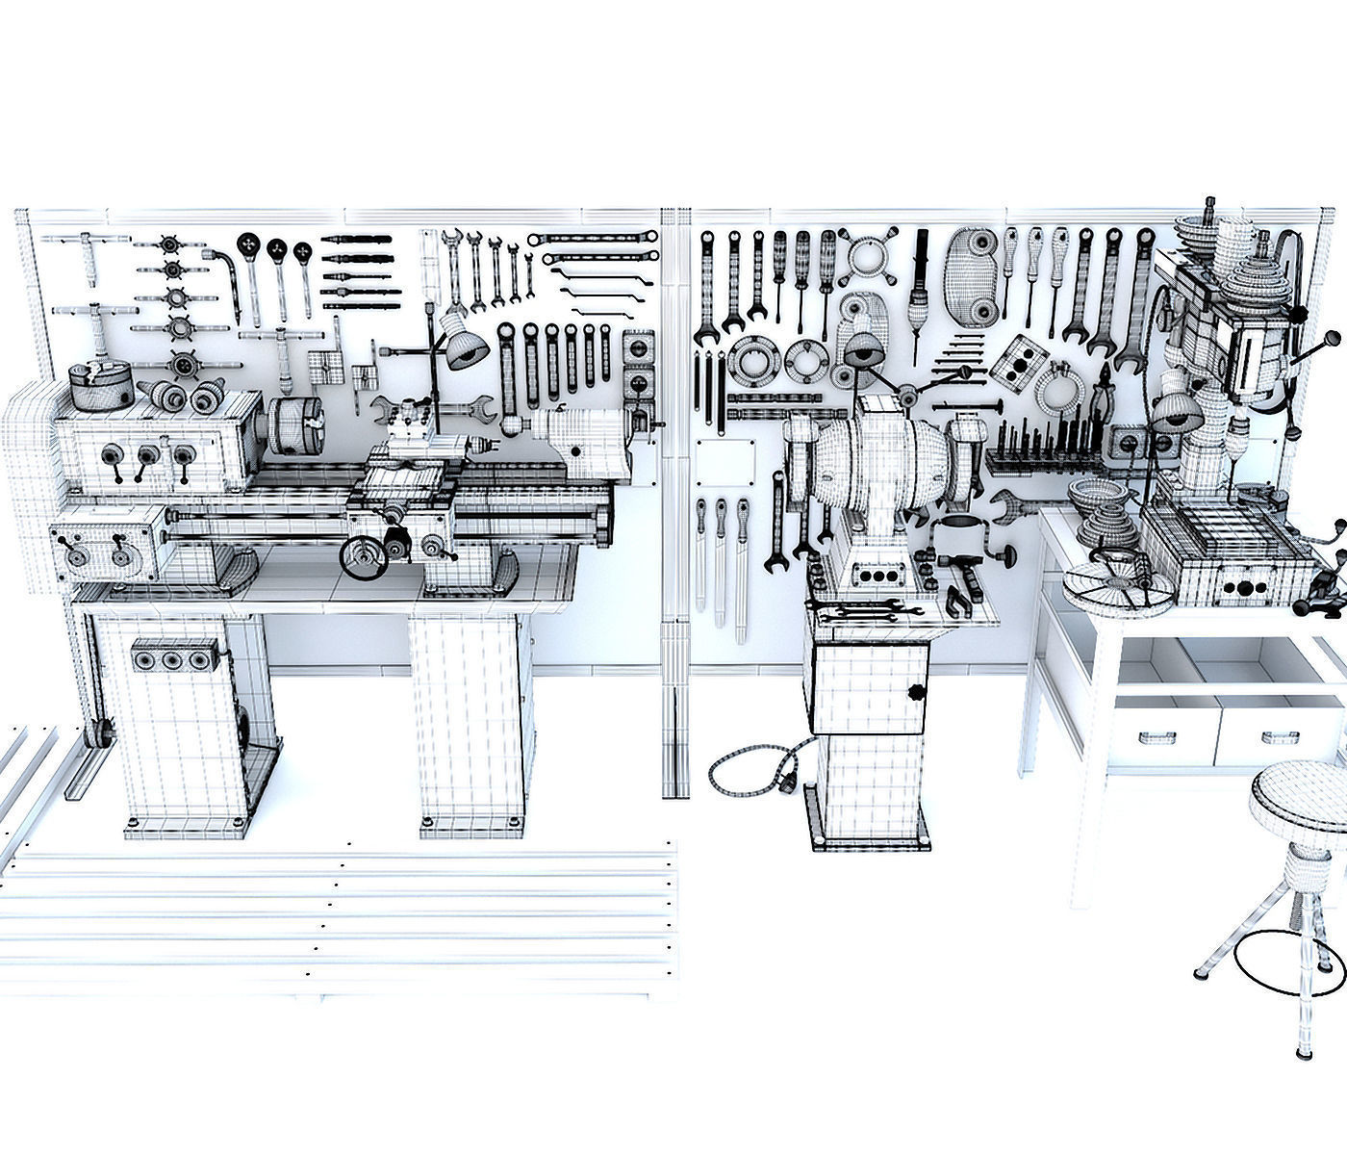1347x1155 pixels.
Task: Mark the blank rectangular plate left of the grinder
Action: pos(727,468)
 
